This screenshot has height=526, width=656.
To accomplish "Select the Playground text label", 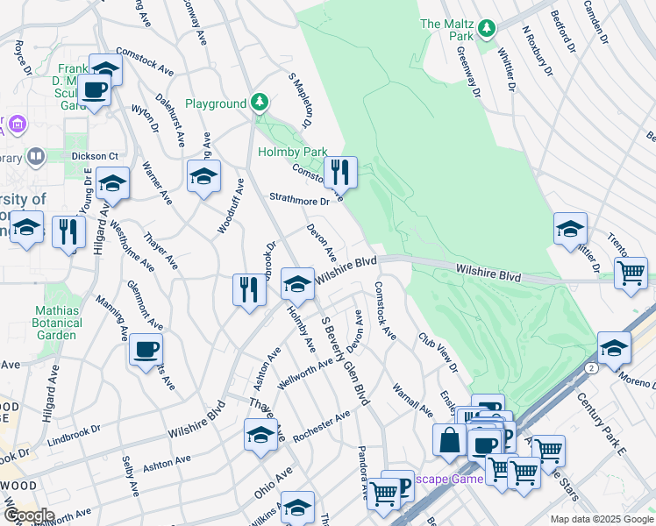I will pos(215,103).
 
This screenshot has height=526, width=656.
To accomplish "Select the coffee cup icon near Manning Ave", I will pos(146,350).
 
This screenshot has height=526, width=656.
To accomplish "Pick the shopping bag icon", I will pos(449,441).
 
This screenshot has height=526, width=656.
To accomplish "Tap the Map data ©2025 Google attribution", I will pos(602,519).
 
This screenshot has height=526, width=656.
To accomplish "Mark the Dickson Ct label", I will pos(95,156).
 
